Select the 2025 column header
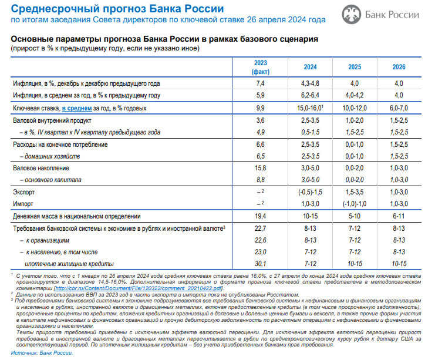[x=356, y=67]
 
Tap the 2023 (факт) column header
[x=261, y=67]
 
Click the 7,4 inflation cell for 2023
[x=261, y=83]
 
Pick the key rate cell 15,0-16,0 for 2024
[x=311, y=108]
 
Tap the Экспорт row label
[x=25, y=192]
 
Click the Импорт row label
[x=23, y=204]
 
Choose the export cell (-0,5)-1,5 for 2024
[x=310, y=192]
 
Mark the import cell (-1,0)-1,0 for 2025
[x=356, y=204]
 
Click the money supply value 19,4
[x=261, y=216]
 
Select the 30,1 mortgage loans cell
[x=261, y=264]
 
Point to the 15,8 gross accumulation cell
[x=261, y=168]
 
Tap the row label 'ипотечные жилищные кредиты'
[x=69, y=264]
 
